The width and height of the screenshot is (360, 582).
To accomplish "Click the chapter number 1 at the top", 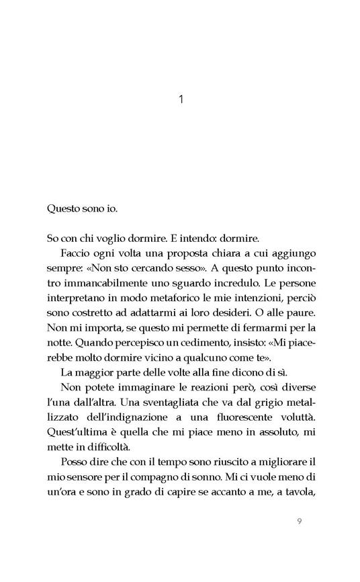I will coord(181,100).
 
